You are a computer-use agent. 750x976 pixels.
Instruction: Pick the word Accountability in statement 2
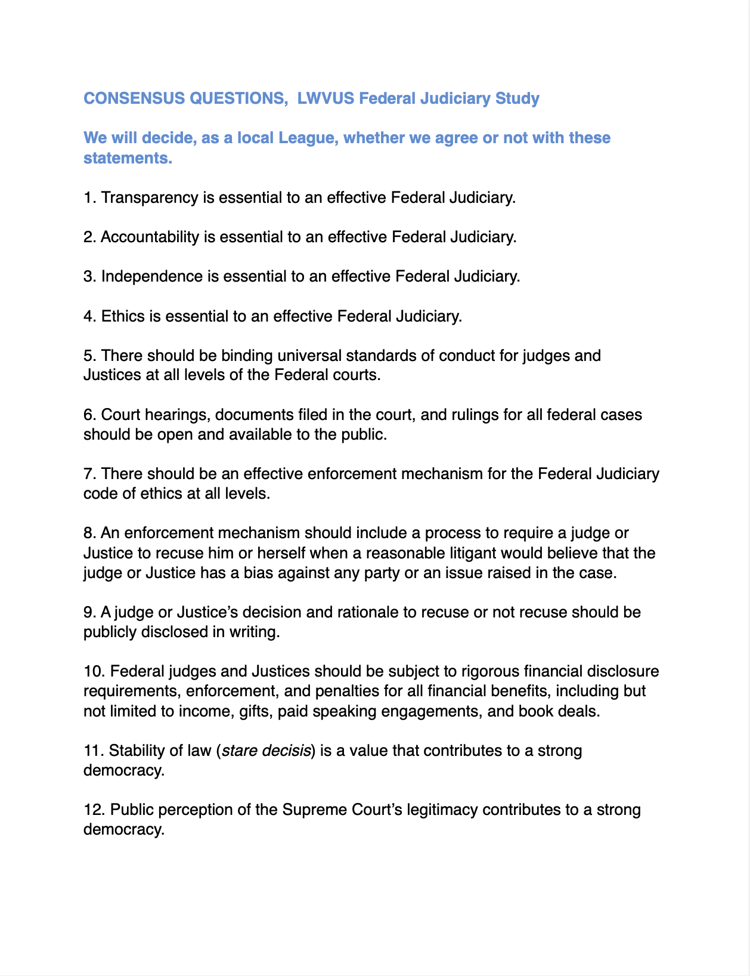pos(150,237)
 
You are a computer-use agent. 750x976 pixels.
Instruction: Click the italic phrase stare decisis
pos(266,750)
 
